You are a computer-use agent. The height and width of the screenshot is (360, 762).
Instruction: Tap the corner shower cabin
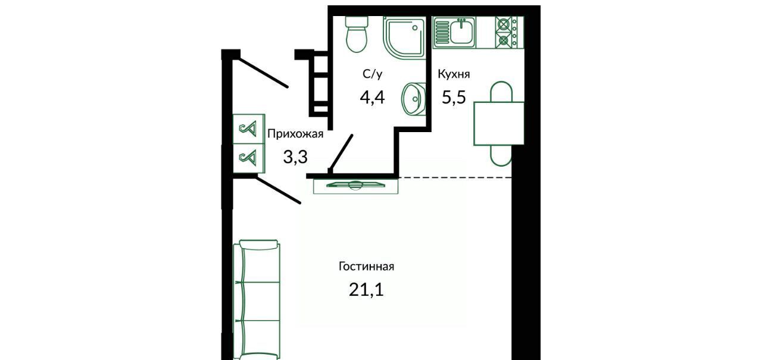coord(404,37)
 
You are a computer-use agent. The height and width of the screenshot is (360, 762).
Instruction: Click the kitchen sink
coord(454,32)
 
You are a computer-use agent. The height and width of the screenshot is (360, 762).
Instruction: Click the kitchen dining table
coord(499,123)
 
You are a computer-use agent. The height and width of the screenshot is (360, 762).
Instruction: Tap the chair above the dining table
coord(501,92)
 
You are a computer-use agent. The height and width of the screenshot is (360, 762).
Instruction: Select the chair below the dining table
coord(501,156)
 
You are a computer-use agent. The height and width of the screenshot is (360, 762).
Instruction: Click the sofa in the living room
coord(257,300)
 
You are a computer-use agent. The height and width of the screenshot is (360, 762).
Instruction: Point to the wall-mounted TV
coord(355,186)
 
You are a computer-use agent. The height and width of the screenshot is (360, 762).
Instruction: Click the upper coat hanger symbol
coord(248,129)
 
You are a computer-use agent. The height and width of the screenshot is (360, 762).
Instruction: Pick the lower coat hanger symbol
coord(248,158)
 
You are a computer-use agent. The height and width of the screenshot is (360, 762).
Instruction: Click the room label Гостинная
coord(366,267)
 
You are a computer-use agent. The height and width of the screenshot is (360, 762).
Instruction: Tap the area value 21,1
coord(366,290)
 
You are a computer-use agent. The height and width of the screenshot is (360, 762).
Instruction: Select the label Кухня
coord(454,74)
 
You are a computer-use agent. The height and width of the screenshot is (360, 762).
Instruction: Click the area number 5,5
coord(454,97)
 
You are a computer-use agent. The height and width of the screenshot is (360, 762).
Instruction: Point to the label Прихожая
coord(295,134)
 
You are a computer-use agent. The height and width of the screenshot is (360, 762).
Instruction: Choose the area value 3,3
coord(295,157)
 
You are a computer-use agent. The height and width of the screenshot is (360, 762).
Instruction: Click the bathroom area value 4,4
coord(372,97)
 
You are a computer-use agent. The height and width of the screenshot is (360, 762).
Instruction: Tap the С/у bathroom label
coord(373,74)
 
